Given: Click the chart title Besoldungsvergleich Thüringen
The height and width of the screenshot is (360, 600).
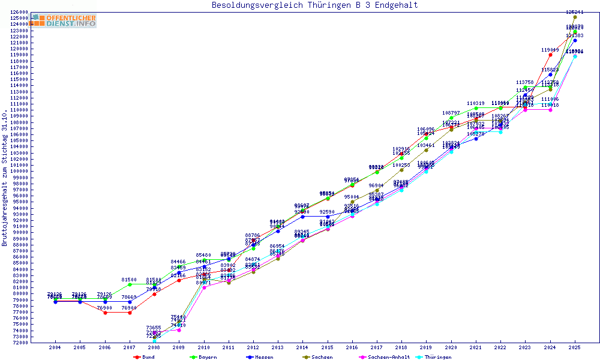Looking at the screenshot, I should pyautogui.click(x=314, y=5).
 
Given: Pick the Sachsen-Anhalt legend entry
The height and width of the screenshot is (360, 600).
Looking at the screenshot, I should pyautogui.click(x=386, y=357).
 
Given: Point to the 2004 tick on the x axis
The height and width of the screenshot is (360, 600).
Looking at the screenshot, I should pyautogui.click(x=55, y=347).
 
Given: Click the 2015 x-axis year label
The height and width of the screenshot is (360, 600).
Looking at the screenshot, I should pyautogui.click(x=328, y=347).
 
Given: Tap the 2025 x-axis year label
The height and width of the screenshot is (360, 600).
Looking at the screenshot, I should pyautogui.click(x=575, y=347).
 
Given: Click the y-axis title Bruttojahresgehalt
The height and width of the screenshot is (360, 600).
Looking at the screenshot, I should pyautogui.click(x=5, y=179).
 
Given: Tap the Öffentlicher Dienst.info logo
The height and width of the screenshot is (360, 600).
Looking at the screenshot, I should pyautogui.click(x=64, y=21).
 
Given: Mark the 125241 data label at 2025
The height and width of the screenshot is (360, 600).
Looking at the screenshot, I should pyautogui.click(x=575, y=12).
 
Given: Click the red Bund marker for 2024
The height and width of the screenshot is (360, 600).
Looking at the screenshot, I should pyautogui.click(x=550, y=55).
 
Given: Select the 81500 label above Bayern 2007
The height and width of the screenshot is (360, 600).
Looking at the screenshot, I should pyautogui.click(x=130, y=280).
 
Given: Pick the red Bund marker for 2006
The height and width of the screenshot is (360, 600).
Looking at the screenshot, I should pyautogui.click(x=105, y=313).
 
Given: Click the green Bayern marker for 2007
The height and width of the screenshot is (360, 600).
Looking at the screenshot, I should pyautogui.click(x=130, y=284).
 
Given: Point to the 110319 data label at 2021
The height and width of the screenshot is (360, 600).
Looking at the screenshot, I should pyautogui.click(x=476, y=103).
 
